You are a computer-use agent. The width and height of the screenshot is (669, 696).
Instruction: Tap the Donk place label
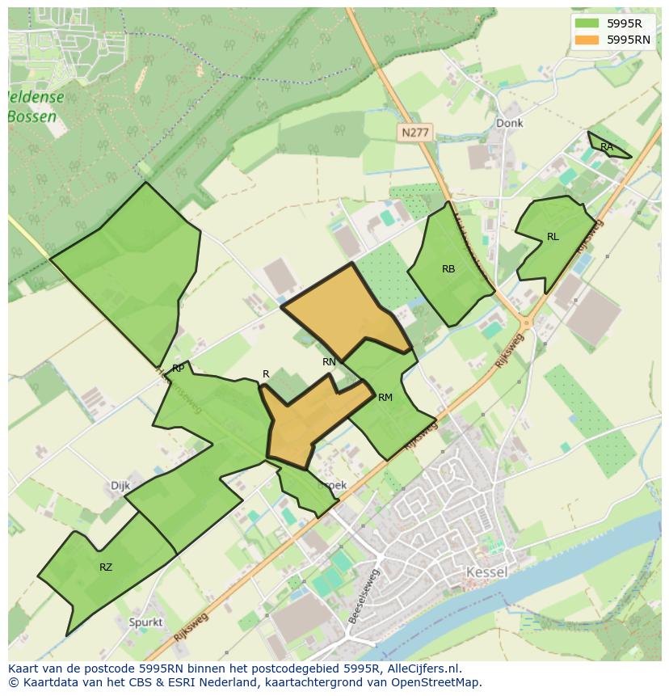click(x=509, y=124)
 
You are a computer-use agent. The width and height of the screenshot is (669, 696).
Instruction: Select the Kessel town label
click(x=486, y=572)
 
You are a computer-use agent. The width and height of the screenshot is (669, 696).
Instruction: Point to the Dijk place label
click(x=120, y=486)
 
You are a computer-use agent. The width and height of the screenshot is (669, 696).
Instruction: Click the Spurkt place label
click(x=145, y=622)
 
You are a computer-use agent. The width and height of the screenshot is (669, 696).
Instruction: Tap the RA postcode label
click(x=607, y=147)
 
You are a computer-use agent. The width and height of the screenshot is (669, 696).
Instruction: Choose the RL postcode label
click(x=553, y=237)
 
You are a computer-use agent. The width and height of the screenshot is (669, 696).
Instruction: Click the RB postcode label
click(x=448, y=269)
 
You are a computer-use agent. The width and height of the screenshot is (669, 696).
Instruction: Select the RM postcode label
click(x=385, y=397)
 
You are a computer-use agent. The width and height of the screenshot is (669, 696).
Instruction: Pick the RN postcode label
click(x=329, y=362)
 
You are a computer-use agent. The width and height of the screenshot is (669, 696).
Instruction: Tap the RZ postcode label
click(x=106, y=567)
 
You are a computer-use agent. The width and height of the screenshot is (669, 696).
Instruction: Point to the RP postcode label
click(x=179, y=369)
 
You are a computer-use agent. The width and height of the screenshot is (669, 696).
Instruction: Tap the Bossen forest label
click(x=32, y=116)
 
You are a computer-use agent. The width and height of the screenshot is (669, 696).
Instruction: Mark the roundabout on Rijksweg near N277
click(x=527, y=323)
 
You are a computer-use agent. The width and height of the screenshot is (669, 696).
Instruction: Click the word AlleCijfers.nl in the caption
click(x=422, y=669)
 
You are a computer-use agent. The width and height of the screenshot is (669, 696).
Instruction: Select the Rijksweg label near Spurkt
click(x=191, y=627)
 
